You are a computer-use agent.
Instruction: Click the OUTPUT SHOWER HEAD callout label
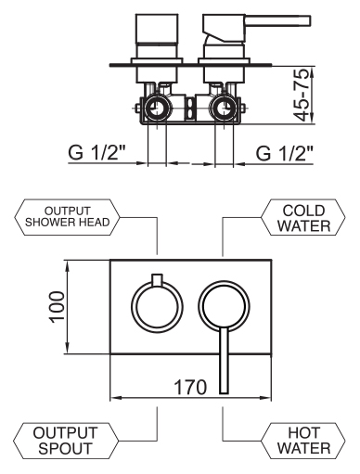[67, 217]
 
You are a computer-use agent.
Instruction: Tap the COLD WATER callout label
[303, 218]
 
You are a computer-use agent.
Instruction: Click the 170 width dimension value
[190, 387]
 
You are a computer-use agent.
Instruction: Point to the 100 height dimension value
[58, 307]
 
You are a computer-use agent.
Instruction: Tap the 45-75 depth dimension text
[301, 95]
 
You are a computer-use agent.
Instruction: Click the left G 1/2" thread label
[96, 152]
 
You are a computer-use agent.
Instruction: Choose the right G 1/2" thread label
[285, 152]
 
